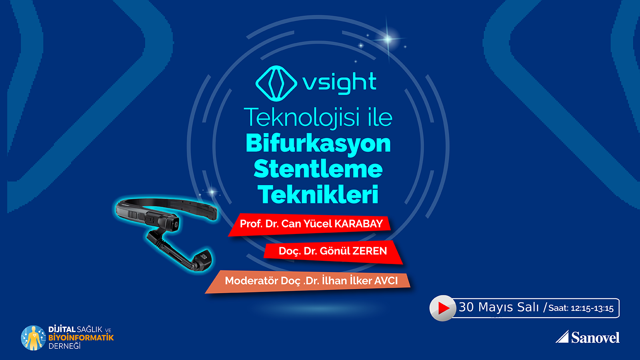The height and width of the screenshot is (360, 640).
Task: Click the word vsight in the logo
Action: coord(340,83)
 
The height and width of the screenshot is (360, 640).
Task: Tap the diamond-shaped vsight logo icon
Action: coord(276,84)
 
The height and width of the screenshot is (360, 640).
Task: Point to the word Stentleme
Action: coord(318,169)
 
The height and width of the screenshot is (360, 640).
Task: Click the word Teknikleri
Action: coord(318,194)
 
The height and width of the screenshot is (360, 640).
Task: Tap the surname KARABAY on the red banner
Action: coord(358,224)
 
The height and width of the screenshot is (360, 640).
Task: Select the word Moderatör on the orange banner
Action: coord(252,280)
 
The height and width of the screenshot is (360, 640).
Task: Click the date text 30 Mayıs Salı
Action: coord(498,307)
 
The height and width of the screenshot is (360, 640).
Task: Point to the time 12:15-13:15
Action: coord(592,308)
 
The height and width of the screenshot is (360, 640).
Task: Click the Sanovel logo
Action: coord(588,337)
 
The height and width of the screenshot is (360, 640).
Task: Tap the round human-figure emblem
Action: coord(34,338)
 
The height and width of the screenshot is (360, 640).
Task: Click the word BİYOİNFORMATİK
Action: coord(81,338)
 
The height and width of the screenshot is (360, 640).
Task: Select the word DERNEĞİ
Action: coord(64,346)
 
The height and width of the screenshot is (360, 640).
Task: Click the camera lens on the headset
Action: coord(175,224)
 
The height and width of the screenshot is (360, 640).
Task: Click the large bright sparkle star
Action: coord(388,39)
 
